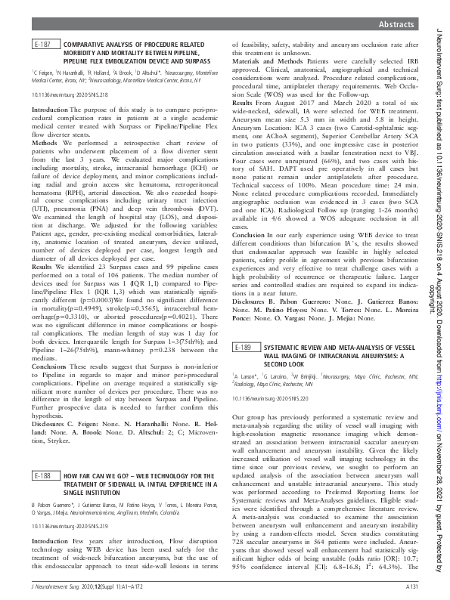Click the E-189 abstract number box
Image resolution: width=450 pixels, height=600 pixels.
(243, 347)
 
